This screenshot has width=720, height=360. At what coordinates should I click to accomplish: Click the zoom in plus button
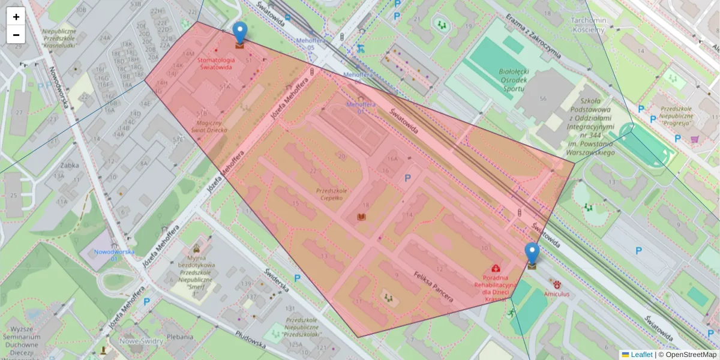[x=16, y=17]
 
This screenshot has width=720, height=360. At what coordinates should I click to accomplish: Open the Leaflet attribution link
[x=641, y=355]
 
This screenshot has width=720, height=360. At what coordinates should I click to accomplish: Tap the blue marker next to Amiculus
[x=532, y=254]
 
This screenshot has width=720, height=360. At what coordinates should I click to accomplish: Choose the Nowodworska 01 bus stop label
[x=113, y=255]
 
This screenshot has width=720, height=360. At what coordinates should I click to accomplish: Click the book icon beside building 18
[x=361, y=217]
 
